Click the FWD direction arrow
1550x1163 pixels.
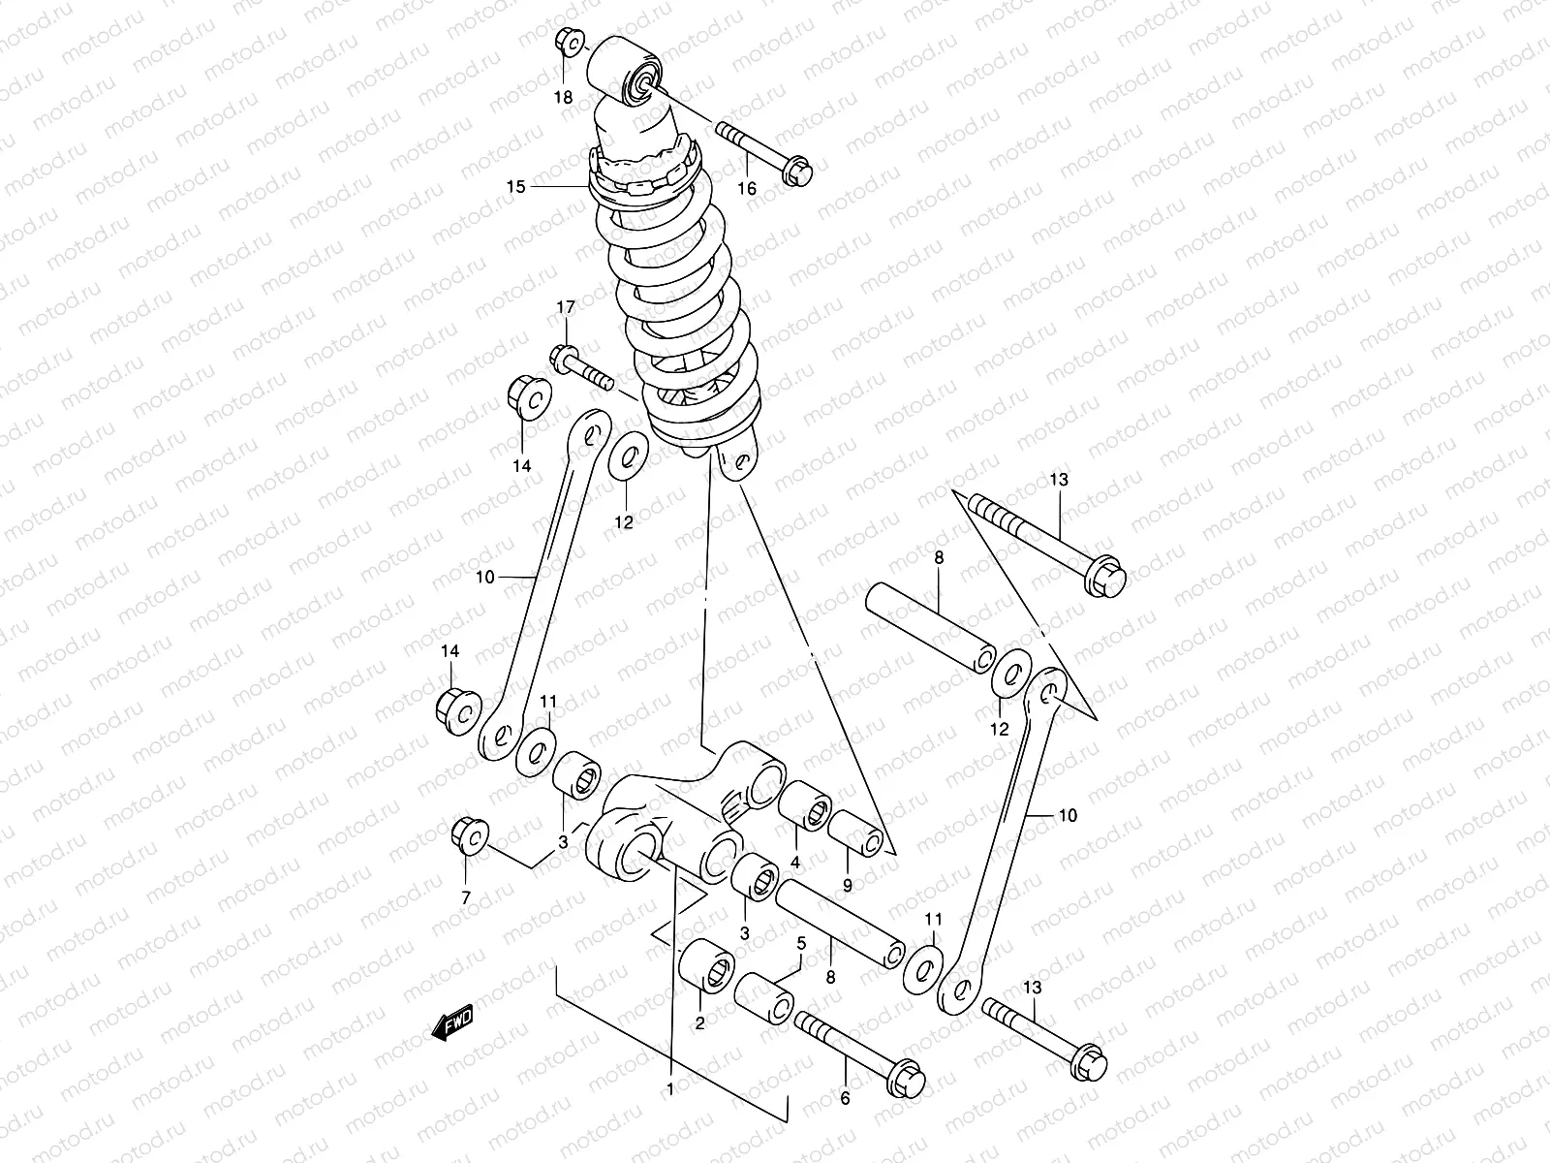click(x=452, y=1022)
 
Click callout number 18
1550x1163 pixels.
click(x=563, y=96)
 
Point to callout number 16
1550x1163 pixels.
click(x=747, y=188)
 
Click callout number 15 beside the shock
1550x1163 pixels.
click(x=516, y=186)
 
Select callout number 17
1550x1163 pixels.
click(x=566, y=307)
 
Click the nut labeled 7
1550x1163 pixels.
click(x=470, y=835)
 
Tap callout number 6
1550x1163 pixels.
click(x=844, y=1098)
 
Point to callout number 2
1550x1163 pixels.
click(x=699, y=1022)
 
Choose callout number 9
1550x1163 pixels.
click(x=847, y=884)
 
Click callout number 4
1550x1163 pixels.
click(x=794, y=862)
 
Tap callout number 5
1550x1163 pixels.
click(x=801, y=942)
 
